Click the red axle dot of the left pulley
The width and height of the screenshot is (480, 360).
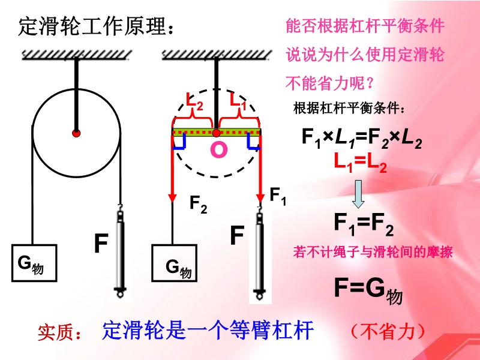coord(76,133)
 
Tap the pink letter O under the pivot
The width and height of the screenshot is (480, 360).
coord(219,150)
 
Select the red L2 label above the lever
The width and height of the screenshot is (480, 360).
coord(194,101)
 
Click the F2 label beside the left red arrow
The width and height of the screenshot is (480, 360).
coord(199,204)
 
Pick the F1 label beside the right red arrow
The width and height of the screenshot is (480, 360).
coord(278,196)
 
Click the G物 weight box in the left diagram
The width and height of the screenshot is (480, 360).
coord(34,263)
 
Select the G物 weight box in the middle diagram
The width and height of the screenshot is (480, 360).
coord(175,263)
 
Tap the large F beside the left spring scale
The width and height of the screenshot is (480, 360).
coord(101,244)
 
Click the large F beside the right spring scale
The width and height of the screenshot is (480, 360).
coord(237,235)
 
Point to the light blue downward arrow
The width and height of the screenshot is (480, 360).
coord(358,194)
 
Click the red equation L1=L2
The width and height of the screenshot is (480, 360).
coord(361,162)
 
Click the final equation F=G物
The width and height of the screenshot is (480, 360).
coord(368,290)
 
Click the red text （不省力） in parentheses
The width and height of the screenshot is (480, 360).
coord(388,331)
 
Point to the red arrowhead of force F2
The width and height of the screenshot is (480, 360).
coord(173,197)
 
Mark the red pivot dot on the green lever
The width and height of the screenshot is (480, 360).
coord(217,133)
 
